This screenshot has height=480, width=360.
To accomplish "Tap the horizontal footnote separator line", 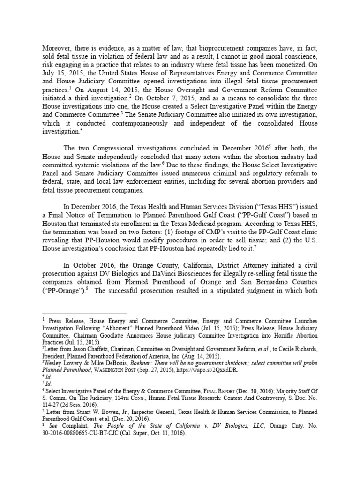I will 84,312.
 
